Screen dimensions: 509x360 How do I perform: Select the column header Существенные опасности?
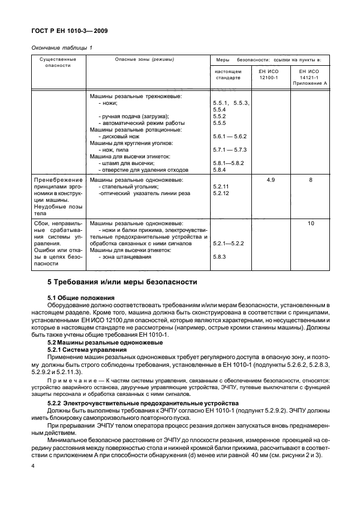coord(58,62)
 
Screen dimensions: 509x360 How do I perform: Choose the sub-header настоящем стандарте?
coord(228,75)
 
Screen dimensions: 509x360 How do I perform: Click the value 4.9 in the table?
coord(271,180)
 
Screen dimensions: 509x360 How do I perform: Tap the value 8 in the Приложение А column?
coord(310,180)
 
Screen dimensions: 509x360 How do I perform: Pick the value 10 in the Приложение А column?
coord(310,222)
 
